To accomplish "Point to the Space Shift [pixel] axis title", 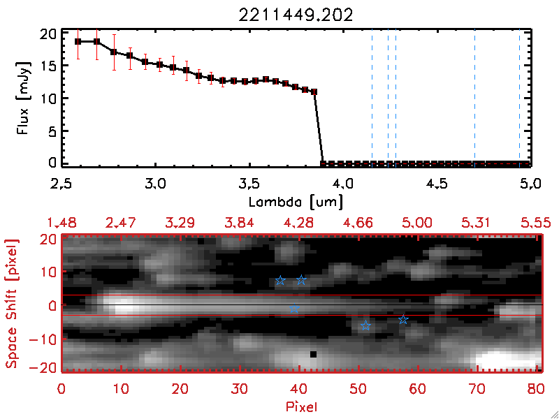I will pos(13,303).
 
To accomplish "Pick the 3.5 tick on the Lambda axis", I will pos(249,186).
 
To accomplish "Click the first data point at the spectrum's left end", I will pos(78,41).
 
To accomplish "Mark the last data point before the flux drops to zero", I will pos(314,91).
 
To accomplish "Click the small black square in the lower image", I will pos(313,355).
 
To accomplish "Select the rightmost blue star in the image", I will pos(403,320).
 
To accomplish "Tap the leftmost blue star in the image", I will pos(280,281).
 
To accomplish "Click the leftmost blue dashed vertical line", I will pos(372,98).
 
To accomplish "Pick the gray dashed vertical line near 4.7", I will pos(474,98).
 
